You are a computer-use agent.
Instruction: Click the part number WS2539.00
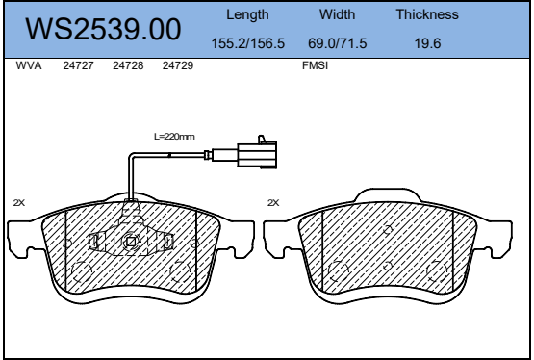[103, 29]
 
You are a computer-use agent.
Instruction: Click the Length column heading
[247, 15]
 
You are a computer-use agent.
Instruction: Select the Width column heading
[337, 14]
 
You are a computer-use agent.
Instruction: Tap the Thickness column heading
[427, 14]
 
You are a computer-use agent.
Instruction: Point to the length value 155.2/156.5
[248, 43]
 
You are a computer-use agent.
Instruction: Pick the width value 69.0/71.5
[337, 43]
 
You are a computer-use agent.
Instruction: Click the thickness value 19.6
[427, 43]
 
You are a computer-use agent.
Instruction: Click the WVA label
[29, 65]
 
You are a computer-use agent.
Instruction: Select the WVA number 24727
[78, 65]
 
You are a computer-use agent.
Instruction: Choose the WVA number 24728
[128, 65]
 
